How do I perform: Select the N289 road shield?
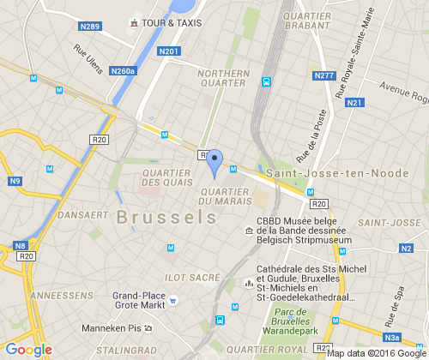[x=89, y=27]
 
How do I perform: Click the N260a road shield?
[x=124, y=71]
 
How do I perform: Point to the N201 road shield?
[x=169, y=52]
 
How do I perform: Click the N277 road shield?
[x=323, y=75]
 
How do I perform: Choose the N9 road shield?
[x=14, y=181]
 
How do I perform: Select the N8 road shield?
[x=20, y=247]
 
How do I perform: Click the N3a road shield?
[x=392, y=337]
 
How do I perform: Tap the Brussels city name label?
[x=167, y=217]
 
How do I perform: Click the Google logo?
[x=28, y=349]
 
